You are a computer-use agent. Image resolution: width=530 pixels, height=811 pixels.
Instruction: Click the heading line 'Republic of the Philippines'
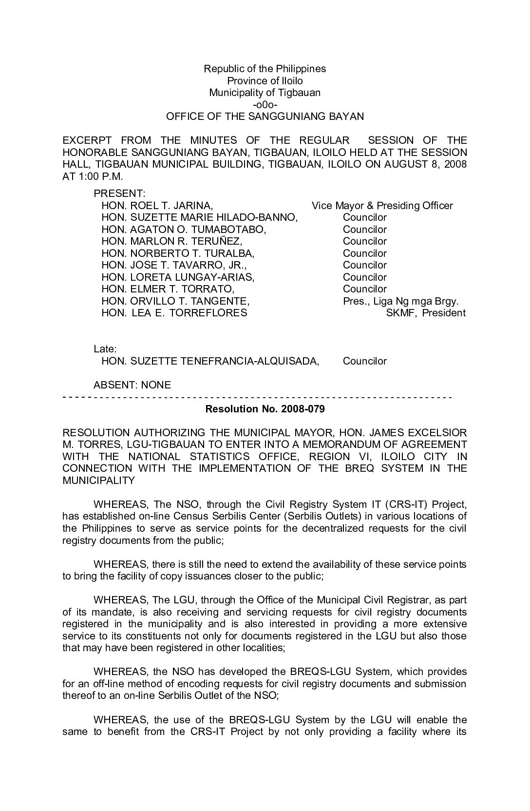point(265,69)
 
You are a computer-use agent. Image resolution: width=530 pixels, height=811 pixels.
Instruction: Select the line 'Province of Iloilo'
point(265,81)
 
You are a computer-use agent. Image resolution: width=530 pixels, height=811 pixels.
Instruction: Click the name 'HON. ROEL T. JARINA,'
point(157,206)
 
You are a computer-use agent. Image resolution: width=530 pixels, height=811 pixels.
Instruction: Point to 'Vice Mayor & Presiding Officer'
point(382,206)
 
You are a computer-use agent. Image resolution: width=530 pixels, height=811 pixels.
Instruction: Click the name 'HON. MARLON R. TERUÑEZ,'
point(171,241)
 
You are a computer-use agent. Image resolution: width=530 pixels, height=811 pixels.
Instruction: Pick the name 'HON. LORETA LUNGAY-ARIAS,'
point(178,277)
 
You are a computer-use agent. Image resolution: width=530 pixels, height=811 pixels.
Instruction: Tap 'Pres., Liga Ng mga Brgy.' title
point(400,301)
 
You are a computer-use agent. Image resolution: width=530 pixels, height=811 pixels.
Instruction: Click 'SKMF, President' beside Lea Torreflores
point(425,313)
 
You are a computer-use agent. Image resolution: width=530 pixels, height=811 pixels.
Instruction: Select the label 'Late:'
point(105,349)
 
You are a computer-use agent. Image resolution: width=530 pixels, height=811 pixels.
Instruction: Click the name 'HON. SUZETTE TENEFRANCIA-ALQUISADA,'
point(210,361)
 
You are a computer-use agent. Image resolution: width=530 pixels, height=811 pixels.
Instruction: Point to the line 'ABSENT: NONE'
point(132,385)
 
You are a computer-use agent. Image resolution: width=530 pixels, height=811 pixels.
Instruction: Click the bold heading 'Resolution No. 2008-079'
point(265,409)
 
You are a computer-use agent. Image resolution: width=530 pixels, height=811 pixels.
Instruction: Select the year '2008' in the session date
point(455,164)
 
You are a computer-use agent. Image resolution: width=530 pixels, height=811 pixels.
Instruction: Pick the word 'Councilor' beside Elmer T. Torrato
point(364,289)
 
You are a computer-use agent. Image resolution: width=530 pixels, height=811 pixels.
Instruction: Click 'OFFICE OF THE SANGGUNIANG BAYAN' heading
point(265,116)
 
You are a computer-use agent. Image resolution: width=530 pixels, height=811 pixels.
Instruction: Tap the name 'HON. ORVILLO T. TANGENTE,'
point(175,301)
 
